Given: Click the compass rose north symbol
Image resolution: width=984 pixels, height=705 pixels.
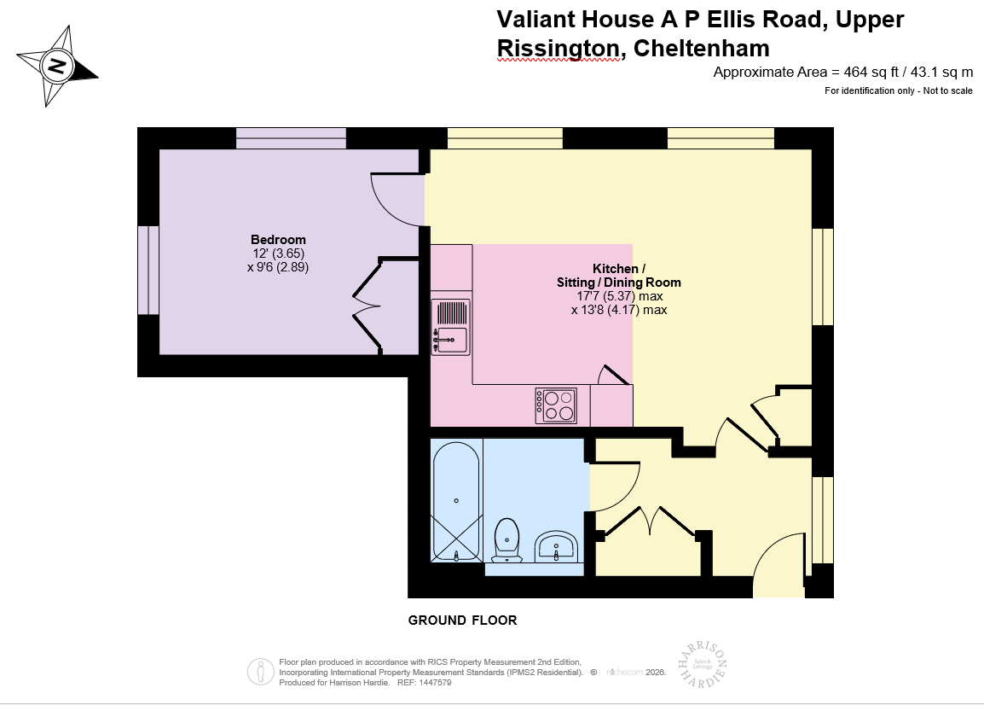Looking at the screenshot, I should (57, 66).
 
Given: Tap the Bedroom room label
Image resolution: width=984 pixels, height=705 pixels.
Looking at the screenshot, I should (278, 239).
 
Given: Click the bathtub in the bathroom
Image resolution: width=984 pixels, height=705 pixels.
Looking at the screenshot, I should (456, 500).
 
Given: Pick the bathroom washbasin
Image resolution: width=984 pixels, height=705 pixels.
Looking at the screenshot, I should (557, 545).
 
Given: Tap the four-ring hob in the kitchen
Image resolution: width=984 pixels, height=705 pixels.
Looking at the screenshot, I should (556, 405).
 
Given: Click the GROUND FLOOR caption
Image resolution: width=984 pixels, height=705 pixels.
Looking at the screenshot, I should (462, 621).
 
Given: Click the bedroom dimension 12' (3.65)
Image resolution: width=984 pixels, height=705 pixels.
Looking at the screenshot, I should (277, 253).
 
